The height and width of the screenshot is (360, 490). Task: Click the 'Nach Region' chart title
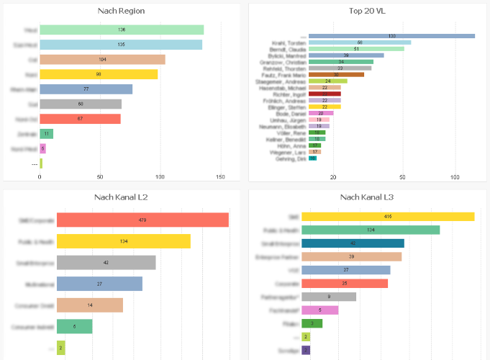[122, 10]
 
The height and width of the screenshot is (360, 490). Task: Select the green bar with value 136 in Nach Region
[122, 30]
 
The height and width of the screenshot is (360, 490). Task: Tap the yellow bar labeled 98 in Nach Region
[99, 74]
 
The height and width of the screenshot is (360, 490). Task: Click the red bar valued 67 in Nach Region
[80, 119]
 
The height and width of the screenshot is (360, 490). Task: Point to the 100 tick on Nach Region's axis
[160, 176]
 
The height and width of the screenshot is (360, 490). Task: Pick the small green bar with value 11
[47, 134]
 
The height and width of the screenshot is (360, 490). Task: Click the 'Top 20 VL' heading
[368, 10]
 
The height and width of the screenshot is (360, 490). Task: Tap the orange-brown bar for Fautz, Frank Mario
[336, 75]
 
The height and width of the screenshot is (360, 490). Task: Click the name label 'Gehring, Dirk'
[291, 158]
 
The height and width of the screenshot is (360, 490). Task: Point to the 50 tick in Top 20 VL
[403, 176]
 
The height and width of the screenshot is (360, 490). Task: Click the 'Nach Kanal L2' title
[122, 197]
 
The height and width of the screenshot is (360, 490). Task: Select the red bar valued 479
[142, 220]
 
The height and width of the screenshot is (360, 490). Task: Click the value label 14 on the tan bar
[89, 305]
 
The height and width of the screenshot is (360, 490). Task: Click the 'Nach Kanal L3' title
[368, 197]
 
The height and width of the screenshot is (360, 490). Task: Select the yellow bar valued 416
[388, 217]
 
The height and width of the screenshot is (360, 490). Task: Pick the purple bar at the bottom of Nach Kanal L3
[306, 351]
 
